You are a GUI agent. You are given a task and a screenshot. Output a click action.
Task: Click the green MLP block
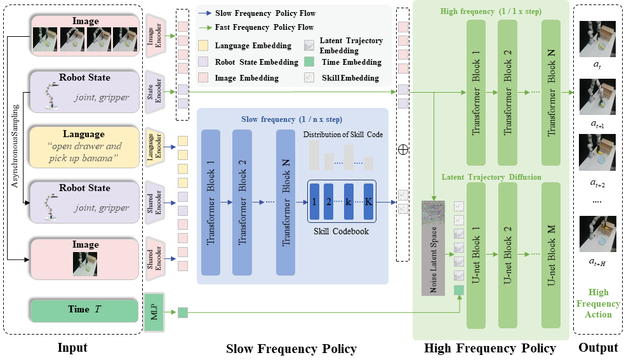(154, 312)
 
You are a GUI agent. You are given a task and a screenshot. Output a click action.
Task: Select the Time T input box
(84, 310)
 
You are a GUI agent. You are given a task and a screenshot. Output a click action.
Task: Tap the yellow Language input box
(84, 147)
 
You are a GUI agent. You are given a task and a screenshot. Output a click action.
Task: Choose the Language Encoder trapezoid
(154, 148)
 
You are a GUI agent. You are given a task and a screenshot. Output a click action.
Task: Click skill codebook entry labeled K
(369, 201)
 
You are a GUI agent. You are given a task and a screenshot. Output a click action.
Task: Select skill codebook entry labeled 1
(314, 201)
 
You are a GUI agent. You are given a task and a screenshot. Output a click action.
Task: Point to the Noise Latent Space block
(434, 248)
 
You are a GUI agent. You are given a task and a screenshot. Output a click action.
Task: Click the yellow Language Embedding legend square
(203, 46)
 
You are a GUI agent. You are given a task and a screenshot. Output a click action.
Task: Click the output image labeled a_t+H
(597, 234)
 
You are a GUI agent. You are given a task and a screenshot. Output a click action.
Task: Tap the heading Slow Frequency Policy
(291, 349)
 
